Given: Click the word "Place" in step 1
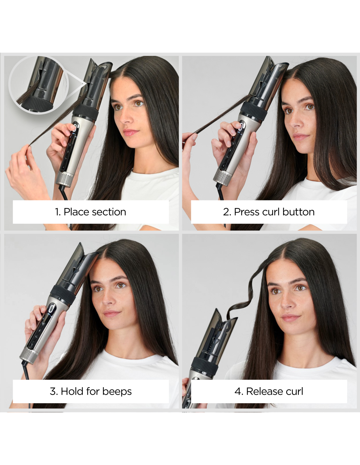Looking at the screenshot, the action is point(76,212).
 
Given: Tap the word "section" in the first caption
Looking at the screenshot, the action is point(109,212).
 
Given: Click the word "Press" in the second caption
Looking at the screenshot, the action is point(246,212).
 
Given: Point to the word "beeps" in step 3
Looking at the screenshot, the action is point(117,391).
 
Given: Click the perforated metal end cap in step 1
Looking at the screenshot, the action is point(64,179).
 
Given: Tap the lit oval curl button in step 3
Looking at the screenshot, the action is point(52,309).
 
